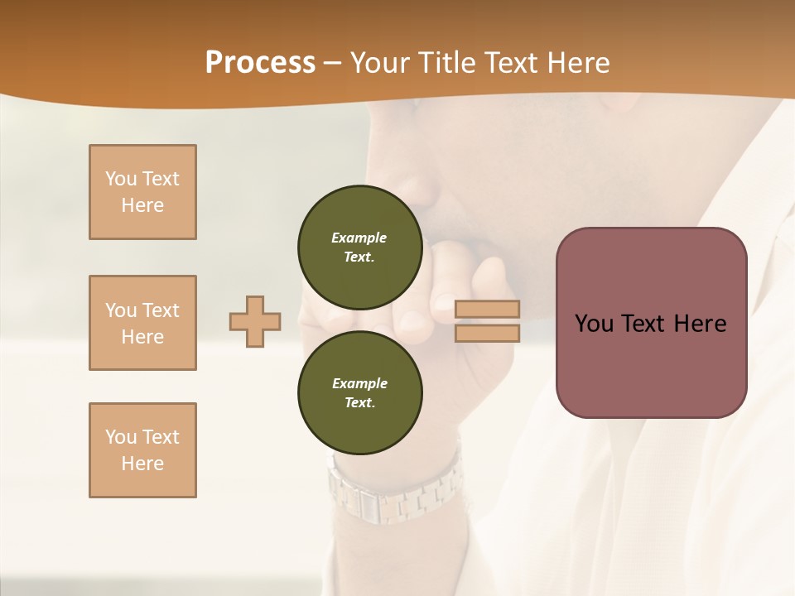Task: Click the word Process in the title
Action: click(x=260, y=63)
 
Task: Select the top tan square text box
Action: click(x=142, y=192)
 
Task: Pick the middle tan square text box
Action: click(x=142, y=323)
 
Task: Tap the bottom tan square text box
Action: click(x=142, y=450)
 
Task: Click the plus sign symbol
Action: click(x=255, y=321)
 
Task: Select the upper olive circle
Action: click(x=359, y=247)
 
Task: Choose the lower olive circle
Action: click(x=359, y=392)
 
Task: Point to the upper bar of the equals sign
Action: click(x=487, y=310)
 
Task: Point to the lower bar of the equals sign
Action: click(x=487, y=333)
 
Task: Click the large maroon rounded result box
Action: click(x=651, y=323)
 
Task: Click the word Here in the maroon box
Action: click(x=700, y=324)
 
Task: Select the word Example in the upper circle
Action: click(x=359, y=238)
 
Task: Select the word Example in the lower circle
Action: click(x=359, y=383)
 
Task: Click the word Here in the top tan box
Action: click(x=142, y=205)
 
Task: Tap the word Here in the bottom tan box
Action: click(x=142, y=464)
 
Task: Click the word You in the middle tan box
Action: click(x=120, y=310)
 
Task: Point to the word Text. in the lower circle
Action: click(x=359, y=403)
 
